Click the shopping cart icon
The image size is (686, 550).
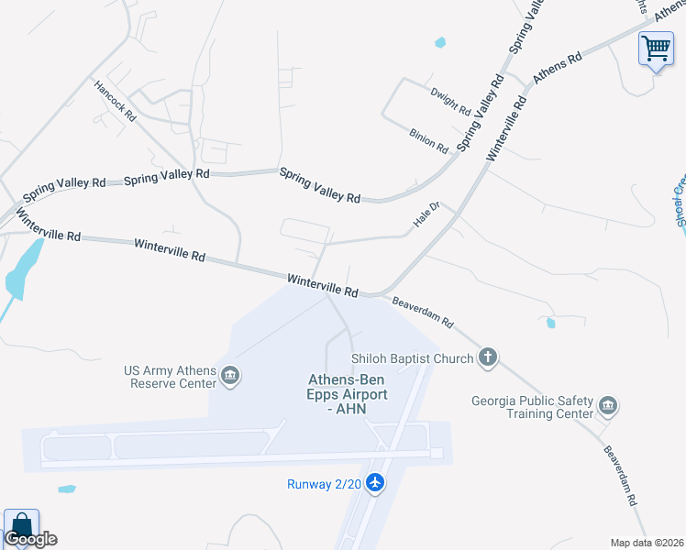pyautogui.click(x=656, y=48)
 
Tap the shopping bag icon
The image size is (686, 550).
pyautogui.click(x=21, y=526)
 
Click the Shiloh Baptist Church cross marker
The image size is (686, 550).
pyautogui.click(x=488, y=358)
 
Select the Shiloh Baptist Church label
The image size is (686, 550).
pyautogui.click(x=412, y=358)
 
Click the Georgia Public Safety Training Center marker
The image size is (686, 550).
pyautogui.click(x=607, y=405)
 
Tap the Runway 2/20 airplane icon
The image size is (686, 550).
pyautogui.click(x=374, y=482)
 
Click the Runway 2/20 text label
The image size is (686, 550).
pyautogui.click(x=324, y=484)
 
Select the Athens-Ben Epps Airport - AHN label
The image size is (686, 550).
pyautogui.click(x=348, y=393)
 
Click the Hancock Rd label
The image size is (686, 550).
pyautogui.click(x=115, y=101)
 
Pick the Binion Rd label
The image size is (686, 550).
pyautogui.click(x=429, y=139)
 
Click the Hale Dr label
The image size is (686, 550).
pyautogui.click(x=427, y=215)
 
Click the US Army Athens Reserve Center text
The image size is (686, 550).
pyautogui.click(x=169, y=377)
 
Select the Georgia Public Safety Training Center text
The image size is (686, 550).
pyautogui.click(x=532, y=407)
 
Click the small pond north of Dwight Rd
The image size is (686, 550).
pyautogui.click(x=439, y=42)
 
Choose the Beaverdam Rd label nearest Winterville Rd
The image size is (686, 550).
pyautogui.click(x=423, y=312)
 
